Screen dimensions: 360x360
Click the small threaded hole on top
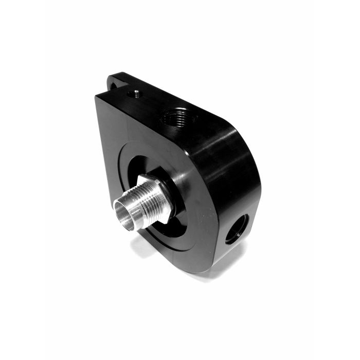point(136,94)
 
